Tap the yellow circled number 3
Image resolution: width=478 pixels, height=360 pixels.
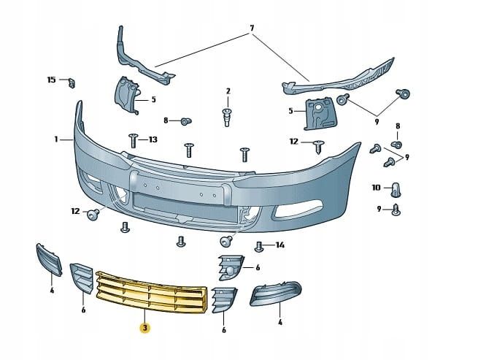144,328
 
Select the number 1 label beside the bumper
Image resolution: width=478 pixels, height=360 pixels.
55,138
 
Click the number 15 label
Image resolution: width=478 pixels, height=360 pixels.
51,79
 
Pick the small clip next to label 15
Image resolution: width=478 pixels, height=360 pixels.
72,81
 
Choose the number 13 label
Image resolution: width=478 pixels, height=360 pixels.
153,139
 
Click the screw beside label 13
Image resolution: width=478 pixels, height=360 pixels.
134,139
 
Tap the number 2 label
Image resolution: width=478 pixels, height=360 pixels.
228,91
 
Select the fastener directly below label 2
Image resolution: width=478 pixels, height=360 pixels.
227,115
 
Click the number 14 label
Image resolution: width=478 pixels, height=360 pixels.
280,245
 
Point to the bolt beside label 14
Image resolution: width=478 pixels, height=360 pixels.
259,246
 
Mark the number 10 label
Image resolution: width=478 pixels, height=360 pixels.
376,188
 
